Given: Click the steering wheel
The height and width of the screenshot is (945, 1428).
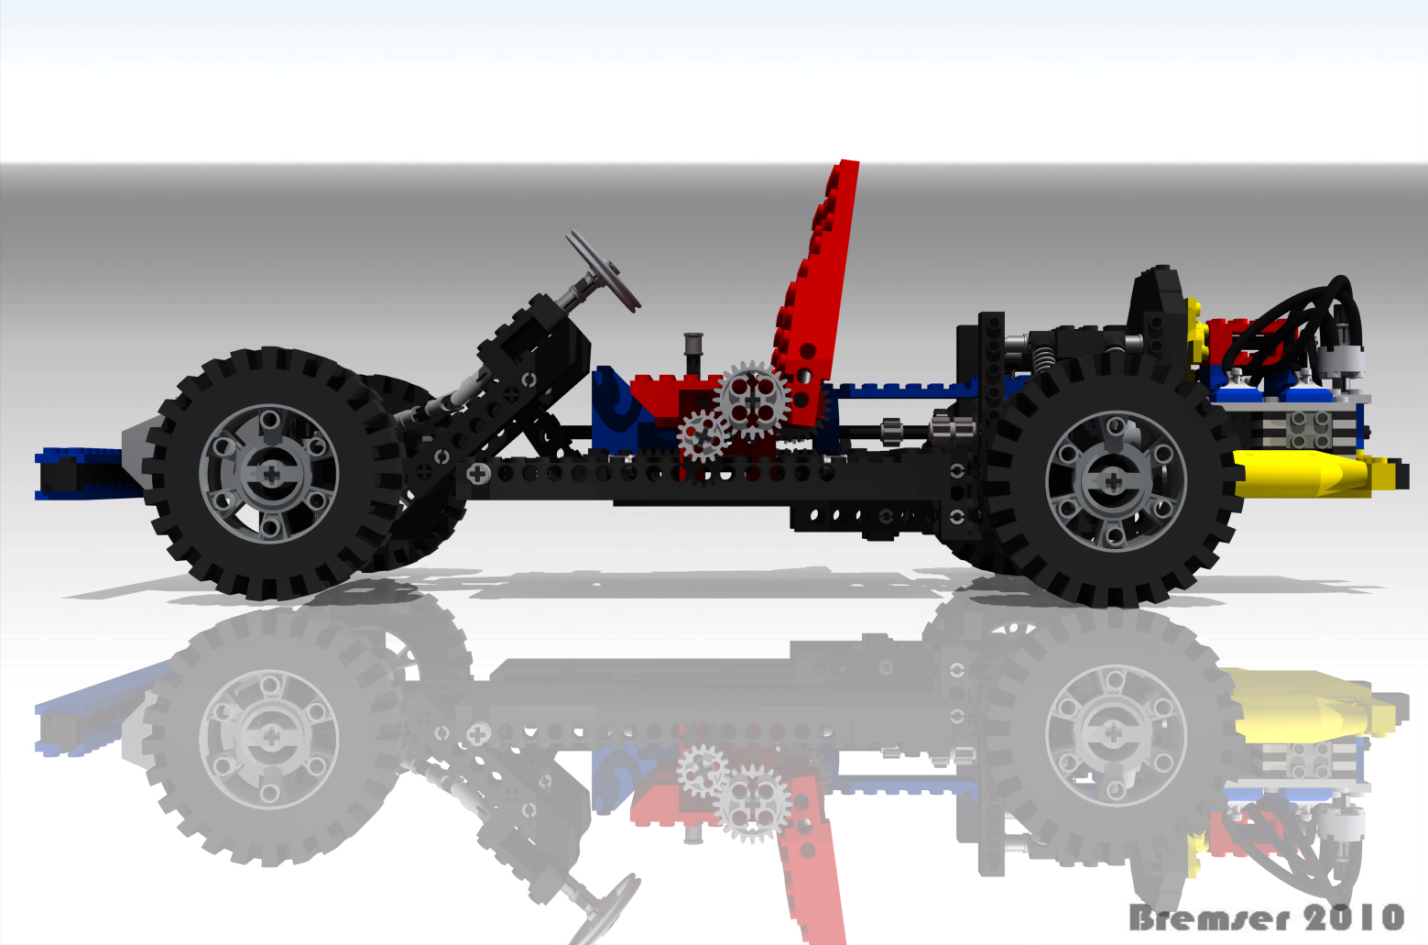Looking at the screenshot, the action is [603, 271].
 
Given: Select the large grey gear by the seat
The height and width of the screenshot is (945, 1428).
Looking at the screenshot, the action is [753, 400].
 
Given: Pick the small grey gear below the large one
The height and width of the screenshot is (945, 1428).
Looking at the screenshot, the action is [703, 435].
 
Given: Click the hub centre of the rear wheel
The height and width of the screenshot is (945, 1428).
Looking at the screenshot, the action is [1114, 482].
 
